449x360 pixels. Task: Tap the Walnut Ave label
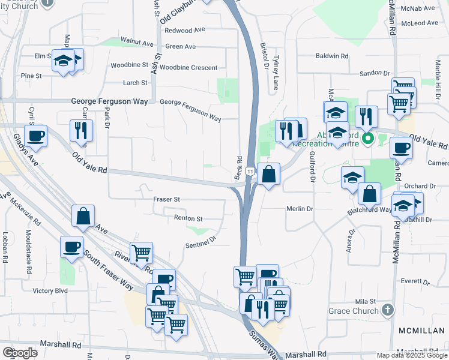coord(137,43)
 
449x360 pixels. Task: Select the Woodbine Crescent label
coord(188,68)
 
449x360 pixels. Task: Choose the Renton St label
coord(188,219)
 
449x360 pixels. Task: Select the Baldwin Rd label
coord(332,56)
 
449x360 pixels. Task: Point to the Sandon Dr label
coord(375,73)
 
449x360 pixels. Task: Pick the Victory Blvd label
coord(52,291)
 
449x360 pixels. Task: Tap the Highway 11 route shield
coord(249,172)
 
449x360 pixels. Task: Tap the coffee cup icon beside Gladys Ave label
coord(36,136)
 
